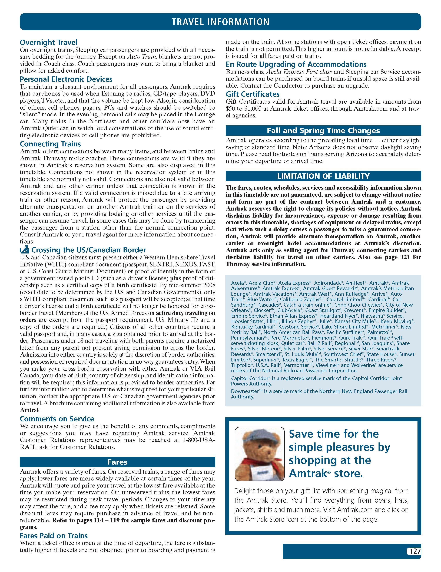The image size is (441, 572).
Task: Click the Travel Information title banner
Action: click(220, 22)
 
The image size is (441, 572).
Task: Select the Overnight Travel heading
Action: click(48, 42)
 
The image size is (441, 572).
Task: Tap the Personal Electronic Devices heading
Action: click(66, 79)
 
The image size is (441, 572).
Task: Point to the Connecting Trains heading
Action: click(50, 144)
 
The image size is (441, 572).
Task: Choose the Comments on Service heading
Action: click(57, 419)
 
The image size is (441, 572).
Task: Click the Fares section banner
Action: click(117, 462)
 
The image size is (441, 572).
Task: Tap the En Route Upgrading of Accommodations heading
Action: click(296, 65)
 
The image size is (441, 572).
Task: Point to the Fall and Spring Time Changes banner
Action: click(323, 130)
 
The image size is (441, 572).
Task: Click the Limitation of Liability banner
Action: click(323, 176)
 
